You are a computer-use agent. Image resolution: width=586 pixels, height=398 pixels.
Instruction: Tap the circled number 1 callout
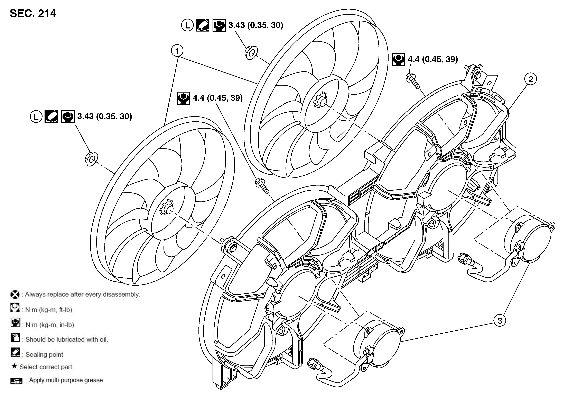177,51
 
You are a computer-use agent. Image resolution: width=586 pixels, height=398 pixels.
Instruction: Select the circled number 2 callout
531,79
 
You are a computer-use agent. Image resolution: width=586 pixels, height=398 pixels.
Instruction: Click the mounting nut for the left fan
91,159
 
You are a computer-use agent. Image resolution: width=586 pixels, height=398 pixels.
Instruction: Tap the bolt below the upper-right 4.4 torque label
412,81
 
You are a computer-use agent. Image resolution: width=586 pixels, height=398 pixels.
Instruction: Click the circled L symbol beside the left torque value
36,117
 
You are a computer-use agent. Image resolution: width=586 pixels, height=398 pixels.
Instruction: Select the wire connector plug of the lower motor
313,365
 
